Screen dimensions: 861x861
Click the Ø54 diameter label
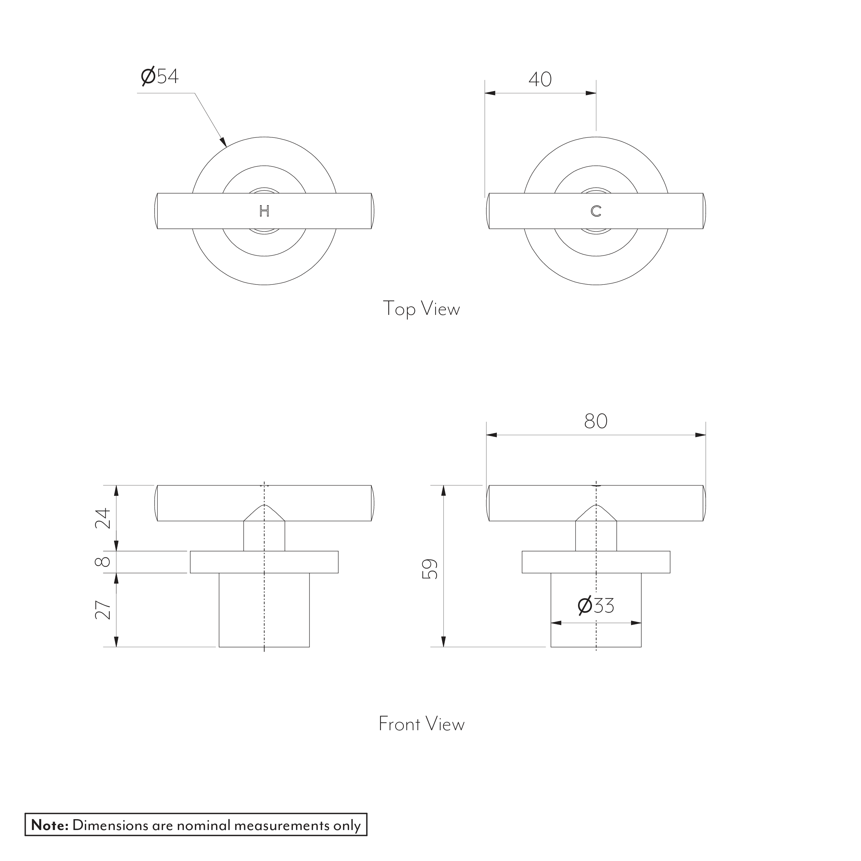(160, 76)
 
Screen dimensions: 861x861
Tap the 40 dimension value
(540, 79)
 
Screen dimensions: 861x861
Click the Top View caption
(421, 309)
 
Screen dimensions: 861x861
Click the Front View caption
(421, 724)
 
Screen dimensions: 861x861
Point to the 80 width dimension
(595, 421)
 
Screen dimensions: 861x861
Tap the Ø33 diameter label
(595, 606)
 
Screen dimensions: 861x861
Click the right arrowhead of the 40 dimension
(591, 93)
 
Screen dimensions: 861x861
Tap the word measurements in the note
(282, 825)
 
